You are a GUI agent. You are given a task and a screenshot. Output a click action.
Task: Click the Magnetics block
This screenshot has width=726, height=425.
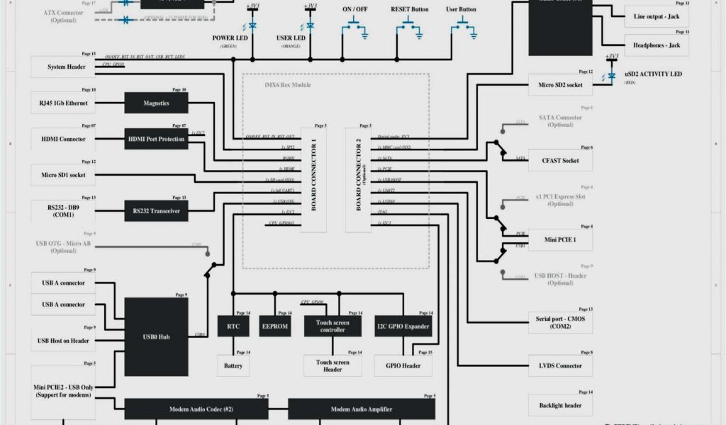157,103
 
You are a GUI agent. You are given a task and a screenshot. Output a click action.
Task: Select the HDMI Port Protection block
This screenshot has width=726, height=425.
157,139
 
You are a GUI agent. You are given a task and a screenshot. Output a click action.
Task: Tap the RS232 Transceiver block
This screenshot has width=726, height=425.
157,210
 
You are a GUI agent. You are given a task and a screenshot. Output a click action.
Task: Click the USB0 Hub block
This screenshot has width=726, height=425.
157,336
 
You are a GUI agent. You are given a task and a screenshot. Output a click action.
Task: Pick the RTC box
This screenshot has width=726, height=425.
233,326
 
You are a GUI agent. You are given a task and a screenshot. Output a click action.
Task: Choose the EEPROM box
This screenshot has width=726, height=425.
274,326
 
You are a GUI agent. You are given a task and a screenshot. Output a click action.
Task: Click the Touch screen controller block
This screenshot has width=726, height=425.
333,326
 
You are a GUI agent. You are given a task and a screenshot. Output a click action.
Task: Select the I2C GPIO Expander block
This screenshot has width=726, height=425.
403,326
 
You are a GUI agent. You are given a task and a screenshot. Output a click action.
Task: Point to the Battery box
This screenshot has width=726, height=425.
233,365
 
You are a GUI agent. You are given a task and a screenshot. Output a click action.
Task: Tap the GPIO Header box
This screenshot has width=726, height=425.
403,365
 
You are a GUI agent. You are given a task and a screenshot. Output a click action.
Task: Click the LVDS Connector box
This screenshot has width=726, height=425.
560,365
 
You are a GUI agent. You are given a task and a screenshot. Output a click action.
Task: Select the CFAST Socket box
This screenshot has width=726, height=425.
560,160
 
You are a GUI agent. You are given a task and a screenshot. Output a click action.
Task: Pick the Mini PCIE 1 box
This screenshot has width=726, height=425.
560,239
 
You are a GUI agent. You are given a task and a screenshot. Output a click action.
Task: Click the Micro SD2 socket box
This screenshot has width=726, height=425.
560,85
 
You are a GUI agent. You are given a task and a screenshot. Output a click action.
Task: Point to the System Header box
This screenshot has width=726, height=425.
67,67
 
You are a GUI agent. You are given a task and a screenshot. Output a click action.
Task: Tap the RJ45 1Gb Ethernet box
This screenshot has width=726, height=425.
63,103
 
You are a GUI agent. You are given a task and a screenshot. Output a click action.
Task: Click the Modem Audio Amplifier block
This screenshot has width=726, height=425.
362,409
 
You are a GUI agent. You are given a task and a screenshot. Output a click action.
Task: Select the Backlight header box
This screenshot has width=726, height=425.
560,405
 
